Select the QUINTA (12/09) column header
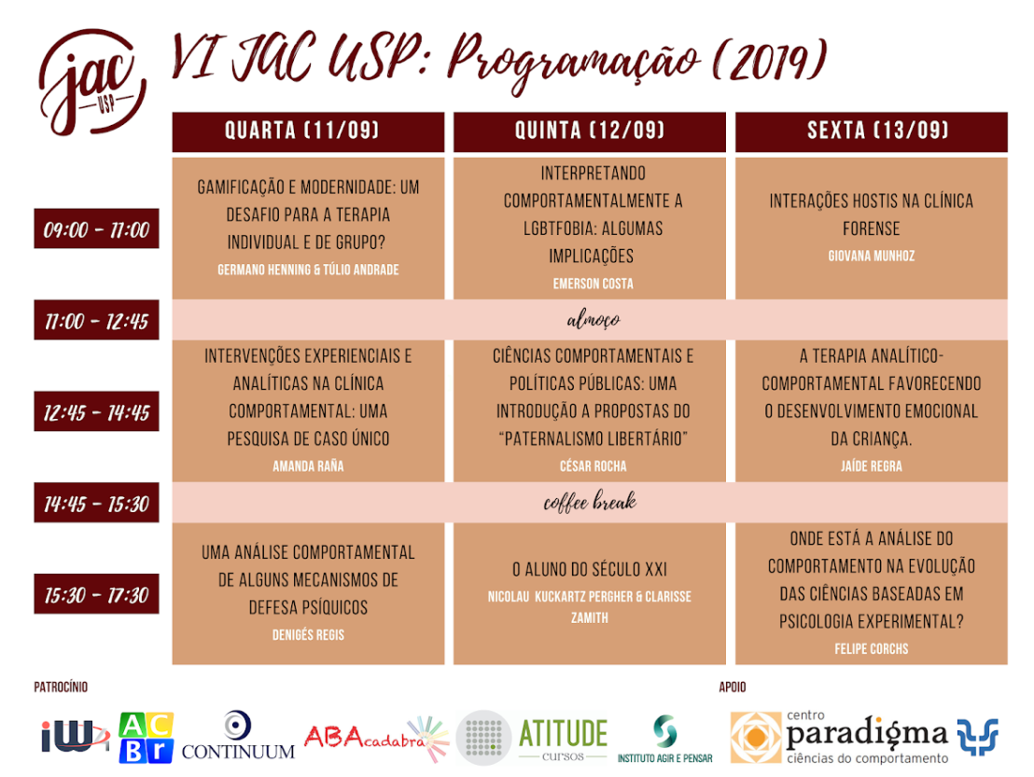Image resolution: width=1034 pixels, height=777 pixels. [x=590, y=132]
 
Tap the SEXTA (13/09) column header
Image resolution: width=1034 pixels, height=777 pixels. [x=871, y=132]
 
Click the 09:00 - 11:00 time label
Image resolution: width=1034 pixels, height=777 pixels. [x=96, y=229]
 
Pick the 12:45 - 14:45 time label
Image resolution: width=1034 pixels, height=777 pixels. [x=96, y=412]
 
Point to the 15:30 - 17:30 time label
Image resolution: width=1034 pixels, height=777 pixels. [x=96, y=594]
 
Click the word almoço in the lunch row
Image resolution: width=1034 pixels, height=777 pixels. [x=593, y=320]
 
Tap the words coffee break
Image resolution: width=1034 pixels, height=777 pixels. [x=590, y=502]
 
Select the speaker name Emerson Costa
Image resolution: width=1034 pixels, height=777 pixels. [x=593, y=284]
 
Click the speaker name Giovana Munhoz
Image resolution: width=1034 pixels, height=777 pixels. [x=871, y=256]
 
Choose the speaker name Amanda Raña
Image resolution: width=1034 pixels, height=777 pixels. [x=308, y=466]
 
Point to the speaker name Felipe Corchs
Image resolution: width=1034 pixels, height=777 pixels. [x=871, y=649]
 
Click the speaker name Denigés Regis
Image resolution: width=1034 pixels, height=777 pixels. [x=308, y=634]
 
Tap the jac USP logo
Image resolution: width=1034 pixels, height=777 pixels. [x=91, y=82]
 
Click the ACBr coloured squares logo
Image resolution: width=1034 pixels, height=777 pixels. [x=146, y=738]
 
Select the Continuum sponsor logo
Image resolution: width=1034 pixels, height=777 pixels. [x=238, y=735]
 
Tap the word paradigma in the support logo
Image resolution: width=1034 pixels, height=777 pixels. [x=867, y=734]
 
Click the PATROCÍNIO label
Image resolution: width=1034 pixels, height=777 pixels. [x=61, y=687]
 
